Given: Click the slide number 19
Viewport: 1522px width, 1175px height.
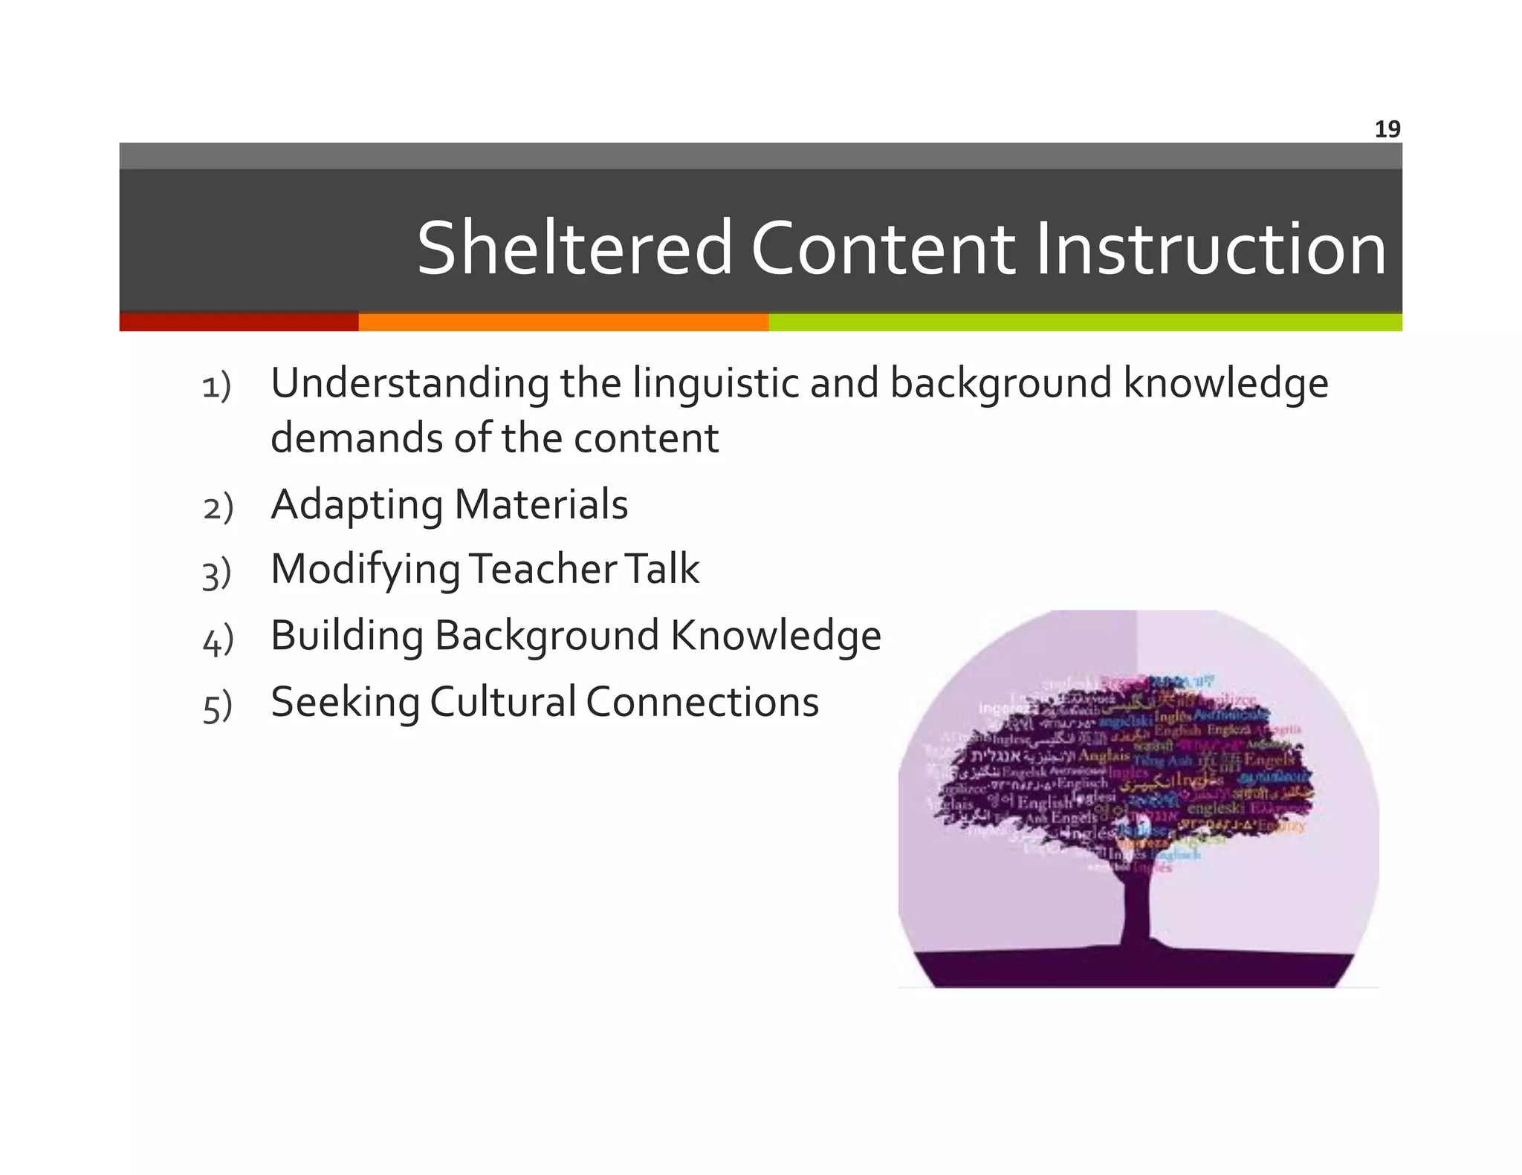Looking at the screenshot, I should pos(1387,129).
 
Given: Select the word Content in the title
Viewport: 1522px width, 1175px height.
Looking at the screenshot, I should pos(882,248).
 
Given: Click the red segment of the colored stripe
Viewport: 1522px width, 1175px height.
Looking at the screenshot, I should pos(239,322).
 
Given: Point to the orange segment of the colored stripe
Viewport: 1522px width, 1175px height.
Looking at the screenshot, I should pos(563,322).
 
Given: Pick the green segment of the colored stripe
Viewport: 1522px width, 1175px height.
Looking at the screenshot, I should pos(1085,322).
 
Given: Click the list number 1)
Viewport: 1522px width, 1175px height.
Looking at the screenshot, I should pos(217,387).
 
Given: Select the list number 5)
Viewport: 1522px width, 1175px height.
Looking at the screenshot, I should pos(217,706).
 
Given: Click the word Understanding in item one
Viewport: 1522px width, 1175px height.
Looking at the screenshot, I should pos(410,385).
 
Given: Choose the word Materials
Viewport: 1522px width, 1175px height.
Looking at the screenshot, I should pos(541,504).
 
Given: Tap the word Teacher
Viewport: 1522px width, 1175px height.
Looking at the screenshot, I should pos(543,569).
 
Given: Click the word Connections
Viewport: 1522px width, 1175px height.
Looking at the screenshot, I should pos(702,702).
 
